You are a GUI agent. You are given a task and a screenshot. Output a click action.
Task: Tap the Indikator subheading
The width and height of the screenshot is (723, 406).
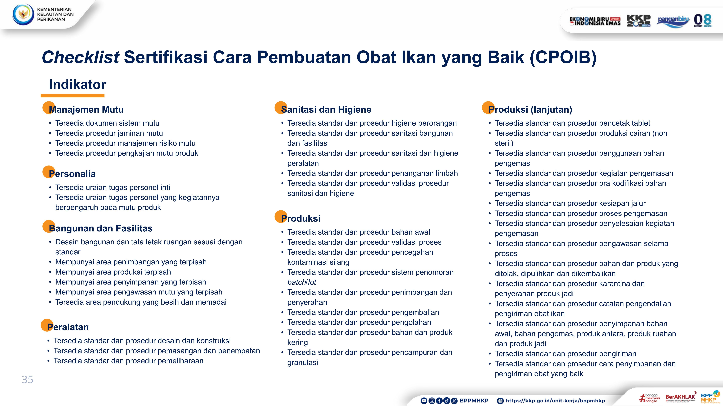click(x=77, y=84)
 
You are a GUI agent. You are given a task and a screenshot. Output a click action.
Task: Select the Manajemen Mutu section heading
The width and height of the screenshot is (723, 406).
click(x=86, y=109)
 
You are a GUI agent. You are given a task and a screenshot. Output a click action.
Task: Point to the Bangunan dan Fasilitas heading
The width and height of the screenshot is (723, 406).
click(x=101, y=228)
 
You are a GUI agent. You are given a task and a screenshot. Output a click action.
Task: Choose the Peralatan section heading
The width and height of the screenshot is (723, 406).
click(x=68, y=327)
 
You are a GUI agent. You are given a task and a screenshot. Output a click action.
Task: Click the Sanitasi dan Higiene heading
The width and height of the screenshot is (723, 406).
click(x=326, y=109)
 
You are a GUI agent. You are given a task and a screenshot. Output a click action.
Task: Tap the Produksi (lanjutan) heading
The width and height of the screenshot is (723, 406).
click(x=530, y=109)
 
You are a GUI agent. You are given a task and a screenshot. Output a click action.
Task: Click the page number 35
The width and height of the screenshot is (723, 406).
click(x=27, y=380)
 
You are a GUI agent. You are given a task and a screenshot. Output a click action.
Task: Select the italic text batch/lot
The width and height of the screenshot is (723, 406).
click(x=302, y=282)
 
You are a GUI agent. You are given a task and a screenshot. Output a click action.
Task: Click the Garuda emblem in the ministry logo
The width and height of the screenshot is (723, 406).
click(x=23, y=14)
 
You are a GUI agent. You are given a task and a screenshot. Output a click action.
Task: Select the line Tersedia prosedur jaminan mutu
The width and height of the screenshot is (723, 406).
click(x=109, y=133)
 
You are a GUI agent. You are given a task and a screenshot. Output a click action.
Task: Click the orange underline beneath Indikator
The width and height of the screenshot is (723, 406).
click(x=72, y=96)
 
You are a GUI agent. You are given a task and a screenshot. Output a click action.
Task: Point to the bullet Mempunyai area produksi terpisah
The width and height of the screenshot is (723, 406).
click(x=113, y=272)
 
